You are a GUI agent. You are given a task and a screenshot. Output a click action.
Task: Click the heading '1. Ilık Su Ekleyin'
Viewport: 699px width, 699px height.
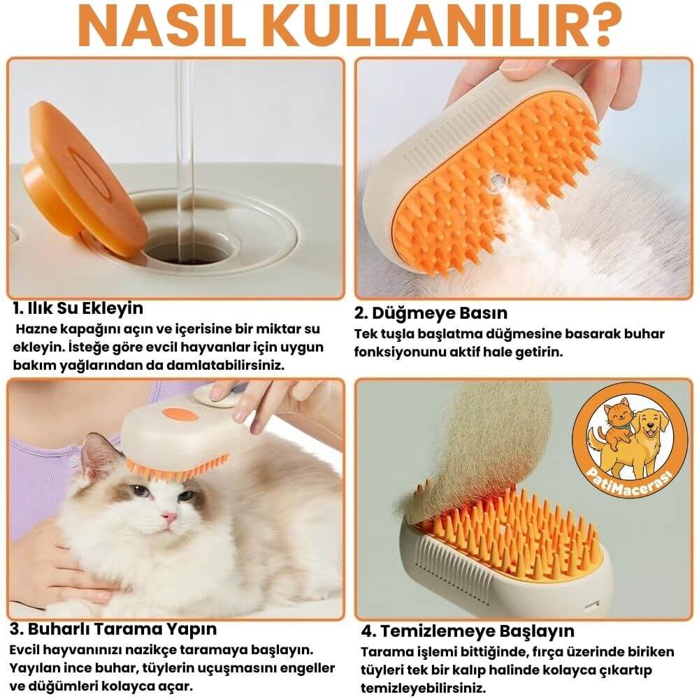78,308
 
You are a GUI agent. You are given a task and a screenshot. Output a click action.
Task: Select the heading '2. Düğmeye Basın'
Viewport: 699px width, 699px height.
431,312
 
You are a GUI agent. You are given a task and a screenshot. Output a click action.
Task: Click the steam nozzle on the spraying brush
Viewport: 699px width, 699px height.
498,183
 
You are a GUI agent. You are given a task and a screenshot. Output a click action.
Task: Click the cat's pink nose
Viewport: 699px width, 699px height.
168,517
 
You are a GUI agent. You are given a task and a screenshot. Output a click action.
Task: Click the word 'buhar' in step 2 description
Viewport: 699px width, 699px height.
644,334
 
